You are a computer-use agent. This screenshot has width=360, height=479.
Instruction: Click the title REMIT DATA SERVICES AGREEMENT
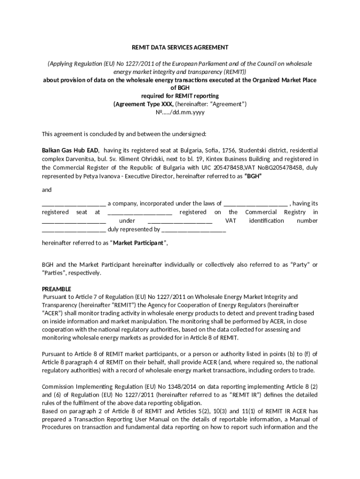(x=180, y=47)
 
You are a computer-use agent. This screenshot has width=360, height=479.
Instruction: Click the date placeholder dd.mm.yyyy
(x=188, y=112)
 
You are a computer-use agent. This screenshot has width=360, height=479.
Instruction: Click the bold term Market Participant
(x=138, y=243)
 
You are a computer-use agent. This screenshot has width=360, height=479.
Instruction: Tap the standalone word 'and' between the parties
(x=47, y=190)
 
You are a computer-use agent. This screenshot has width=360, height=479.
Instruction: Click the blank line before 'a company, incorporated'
(x=74, y=203)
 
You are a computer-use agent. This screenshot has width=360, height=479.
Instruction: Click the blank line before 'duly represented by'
(x=74, y=230)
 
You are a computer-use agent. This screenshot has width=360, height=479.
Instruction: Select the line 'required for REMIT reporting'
(x=180, y=96)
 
